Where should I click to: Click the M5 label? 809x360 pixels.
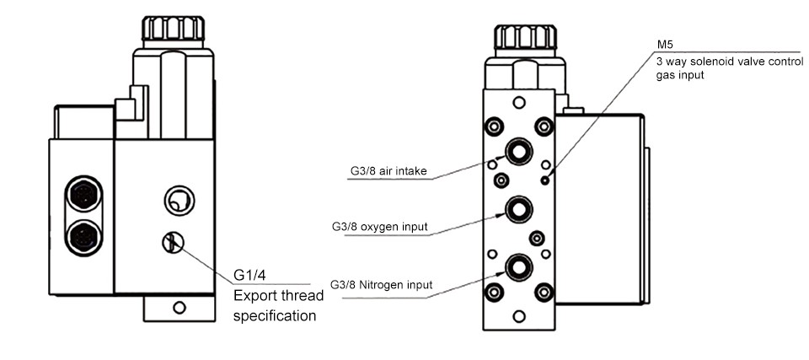pos(665,45)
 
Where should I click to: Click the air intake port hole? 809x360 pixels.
pos(517,151)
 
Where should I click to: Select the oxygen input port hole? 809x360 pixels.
pos(517,207)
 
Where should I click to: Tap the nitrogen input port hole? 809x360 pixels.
pos(517,267)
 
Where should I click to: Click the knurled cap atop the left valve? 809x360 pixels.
pos(173,29)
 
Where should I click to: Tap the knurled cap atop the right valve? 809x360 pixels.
pos(524,37)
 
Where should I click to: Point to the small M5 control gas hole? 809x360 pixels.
pos(547,180)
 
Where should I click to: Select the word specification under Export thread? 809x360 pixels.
pos(274,316)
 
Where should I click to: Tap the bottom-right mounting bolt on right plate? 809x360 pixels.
pos(544,293)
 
